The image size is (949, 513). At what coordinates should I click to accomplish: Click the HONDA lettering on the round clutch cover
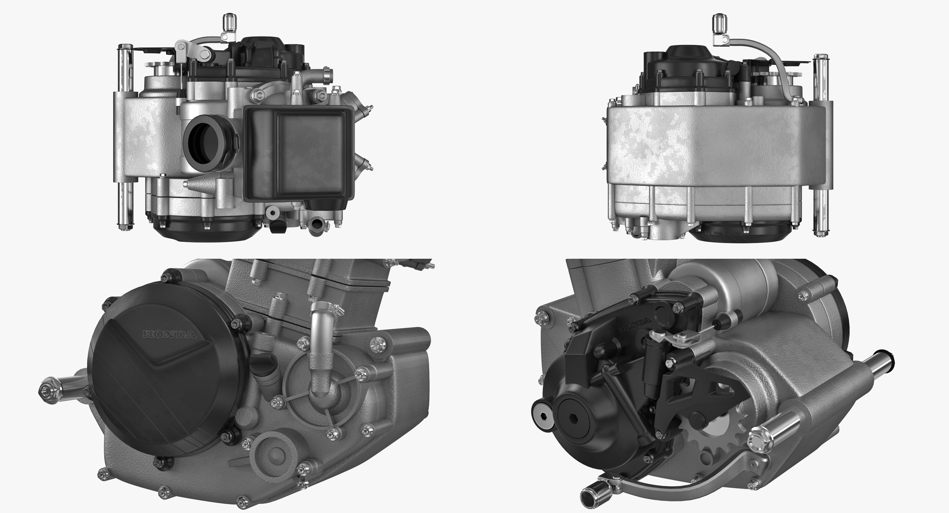click(170, 335)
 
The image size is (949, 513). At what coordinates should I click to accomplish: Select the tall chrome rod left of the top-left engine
click(125, 136)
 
